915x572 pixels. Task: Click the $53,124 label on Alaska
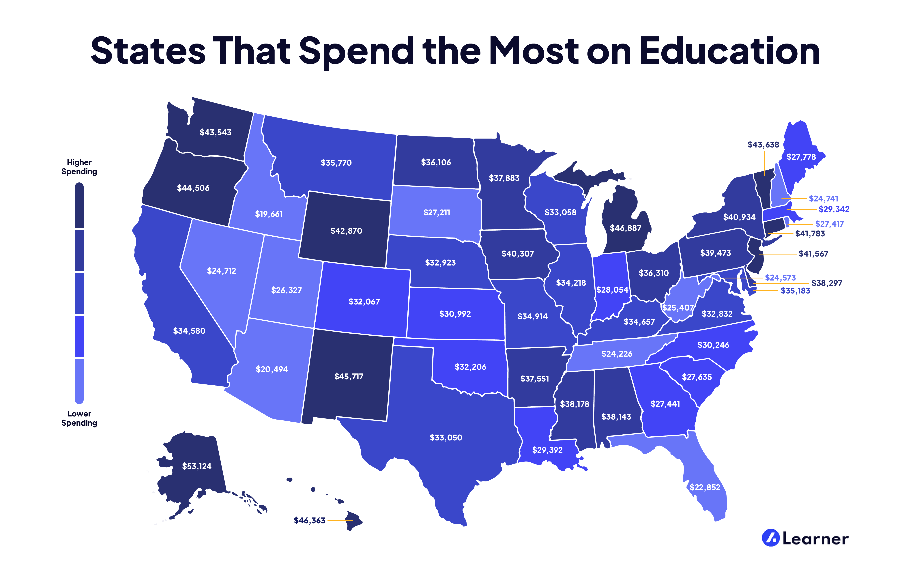197,466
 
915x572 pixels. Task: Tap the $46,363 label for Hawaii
309,521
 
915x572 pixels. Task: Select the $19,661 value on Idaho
269,214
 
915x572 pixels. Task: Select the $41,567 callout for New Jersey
813,254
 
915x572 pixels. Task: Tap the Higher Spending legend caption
79,167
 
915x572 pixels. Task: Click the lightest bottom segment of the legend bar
79,380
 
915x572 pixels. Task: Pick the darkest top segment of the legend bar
79,206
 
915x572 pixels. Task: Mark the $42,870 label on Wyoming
346,231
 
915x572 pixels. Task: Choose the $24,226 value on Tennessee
617,354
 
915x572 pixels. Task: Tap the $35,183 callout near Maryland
795,291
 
